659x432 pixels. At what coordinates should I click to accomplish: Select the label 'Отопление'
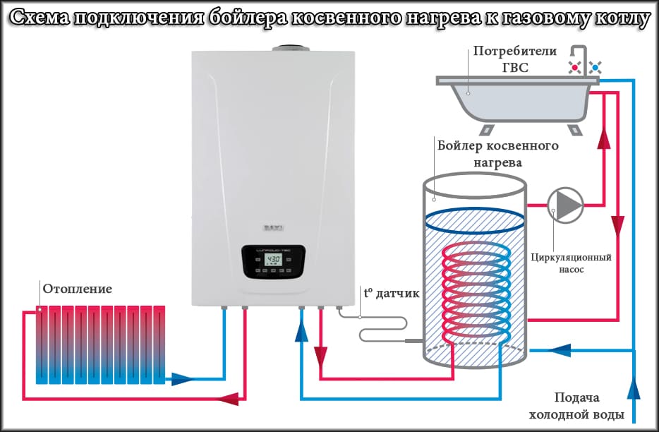[x=78, y=289]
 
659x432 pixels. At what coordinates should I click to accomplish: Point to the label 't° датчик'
[x=391, y=292]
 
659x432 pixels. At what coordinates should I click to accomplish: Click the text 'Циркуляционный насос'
[x=571, y=263]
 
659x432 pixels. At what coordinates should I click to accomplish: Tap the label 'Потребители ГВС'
[x=514, y=59]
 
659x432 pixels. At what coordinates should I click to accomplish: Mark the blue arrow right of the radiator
[x=182, y=379]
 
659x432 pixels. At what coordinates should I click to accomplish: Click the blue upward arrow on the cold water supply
[x=634, y=389]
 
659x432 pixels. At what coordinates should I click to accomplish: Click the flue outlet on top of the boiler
[x=288, y=48]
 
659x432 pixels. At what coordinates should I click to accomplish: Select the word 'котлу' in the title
[x=614, y=19]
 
